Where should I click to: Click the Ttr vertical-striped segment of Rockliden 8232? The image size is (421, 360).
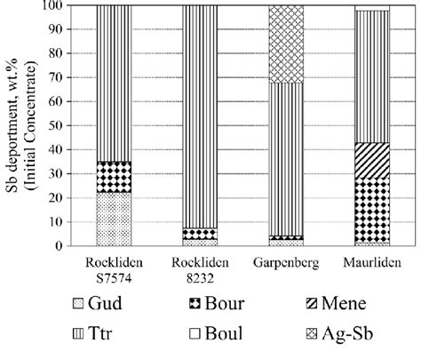pos(200,116)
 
